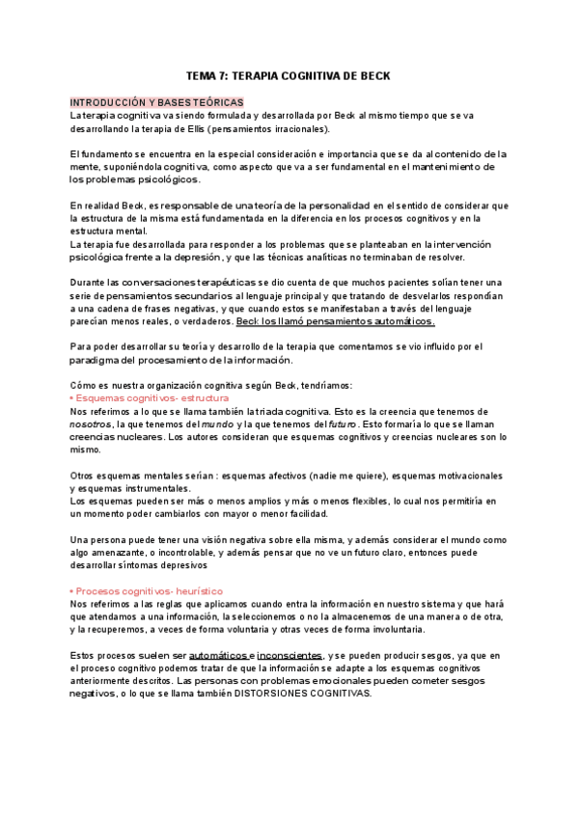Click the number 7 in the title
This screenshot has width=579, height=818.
pyautogui.click(x=228, y=75)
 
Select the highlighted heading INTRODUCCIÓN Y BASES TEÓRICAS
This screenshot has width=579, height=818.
pyautogui.click(x=157, y=102)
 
